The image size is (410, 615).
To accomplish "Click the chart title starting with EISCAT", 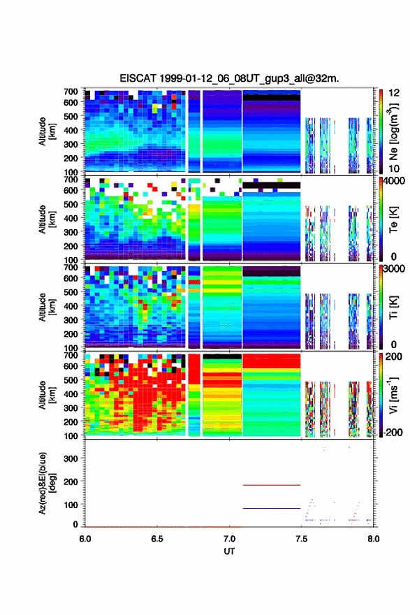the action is point(229,78).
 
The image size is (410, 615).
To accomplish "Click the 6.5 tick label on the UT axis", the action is point(156,539).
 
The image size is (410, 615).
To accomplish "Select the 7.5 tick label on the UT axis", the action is point(301,539).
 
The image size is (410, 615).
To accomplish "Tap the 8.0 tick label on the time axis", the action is point(373,539).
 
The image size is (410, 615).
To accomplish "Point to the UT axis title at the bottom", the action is point(229,551).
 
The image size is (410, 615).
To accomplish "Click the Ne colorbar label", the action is point(394,131).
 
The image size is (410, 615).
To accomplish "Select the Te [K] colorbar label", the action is point(393,219).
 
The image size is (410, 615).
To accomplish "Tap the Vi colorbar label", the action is point(393,395).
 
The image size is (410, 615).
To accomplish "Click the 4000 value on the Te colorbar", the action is point(394,182).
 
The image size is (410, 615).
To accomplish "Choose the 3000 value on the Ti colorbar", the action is point(394,269).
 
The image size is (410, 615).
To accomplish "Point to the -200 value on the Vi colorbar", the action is point(392,432).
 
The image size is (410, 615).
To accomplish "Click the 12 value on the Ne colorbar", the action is point(394,93).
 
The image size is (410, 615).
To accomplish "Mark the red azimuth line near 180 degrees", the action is point(271,485).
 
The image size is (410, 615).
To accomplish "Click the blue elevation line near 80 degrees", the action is point(271,508).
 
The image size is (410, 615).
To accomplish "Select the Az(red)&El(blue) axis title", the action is point(47,483).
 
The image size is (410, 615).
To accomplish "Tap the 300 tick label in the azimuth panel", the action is point(71,458).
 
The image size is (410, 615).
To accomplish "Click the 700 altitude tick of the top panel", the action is point(71,92).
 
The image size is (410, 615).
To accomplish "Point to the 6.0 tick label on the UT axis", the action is point(85,539).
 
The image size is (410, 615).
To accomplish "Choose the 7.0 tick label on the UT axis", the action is point(229,539).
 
